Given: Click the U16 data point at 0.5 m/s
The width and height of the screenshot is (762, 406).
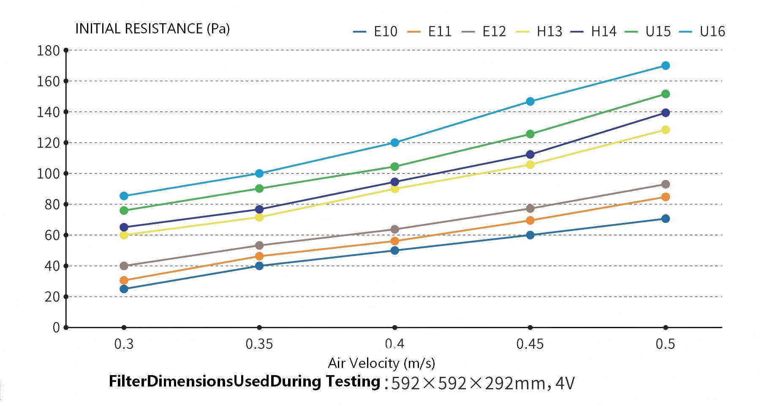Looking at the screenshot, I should (665, 66).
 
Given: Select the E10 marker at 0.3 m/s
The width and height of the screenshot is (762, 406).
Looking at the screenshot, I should (124, 289).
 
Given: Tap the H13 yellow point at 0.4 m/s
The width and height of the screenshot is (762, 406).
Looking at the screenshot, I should (395, 189).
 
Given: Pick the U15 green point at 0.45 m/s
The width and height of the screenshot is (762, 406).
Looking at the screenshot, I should (530, 134).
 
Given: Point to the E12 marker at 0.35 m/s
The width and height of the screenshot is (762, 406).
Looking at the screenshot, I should (259, 245).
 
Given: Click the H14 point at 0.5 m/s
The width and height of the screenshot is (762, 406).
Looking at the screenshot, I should (665, 112).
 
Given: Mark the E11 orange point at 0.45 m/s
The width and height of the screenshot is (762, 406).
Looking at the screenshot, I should (530, 220).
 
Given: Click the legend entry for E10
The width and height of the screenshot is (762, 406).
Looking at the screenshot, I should (376, 32).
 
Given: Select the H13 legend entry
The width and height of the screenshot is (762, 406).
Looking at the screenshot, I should (540, 32).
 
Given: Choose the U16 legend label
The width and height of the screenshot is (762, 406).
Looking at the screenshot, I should (702, 32).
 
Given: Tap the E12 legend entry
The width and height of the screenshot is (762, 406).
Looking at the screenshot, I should (485, 32).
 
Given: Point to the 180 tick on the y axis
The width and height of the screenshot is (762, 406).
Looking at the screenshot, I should (49, 51).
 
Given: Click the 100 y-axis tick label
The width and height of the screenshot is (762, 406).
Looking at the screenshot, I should (49, 174).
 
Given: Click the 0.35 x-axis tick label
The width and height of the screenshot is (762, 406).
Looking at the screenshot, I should (259, 344).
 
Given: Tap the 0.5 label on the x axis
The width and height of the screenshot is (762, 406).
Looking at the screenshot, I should (665, 344).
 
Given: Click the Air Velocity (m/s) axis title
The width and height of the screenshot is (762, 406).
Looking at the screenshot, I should (381, 363).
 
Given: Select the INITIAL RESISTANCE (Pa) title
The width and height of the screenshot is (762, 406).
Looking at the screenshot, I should (152, 29).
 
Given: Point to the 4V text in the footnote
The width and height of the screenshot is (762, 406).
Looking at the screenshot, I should (565, 383).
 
